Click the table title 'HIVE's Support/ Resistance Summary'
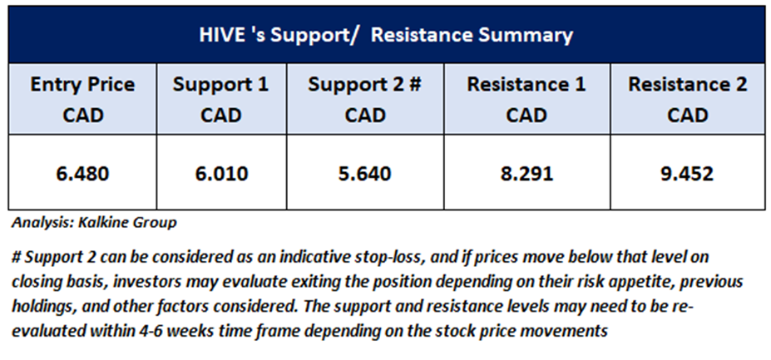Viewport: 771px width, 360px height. [386, 36]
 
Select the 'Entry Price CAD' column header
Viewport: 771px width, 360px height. [82, 100]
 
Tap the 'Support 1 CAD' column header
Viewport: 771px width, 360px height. [220, 100]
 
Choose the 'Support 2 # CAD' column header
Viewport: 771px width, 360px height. [364, 100]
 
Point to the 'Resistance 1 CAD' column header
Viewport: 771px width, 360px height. [526, 100]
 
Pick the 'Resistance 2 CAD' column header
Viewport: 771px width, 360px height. [687, 100]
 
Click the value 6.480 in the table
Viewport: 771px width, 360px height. [82, 174]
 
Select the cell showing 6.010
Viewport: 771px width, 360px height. [220, 174]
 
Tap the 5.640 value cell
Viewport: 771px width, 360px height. [364, 174]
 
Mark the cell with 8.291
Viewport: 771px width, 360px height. [526, 174]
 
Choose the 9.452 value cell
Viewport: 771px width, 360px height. [687, 174]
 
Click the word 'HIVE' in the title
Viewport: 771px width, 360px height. [220, 36]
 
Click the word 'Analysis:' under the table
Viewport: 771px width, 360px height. [42, 224]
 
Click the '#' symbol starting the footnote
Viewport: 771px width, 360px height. [17, 257]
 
